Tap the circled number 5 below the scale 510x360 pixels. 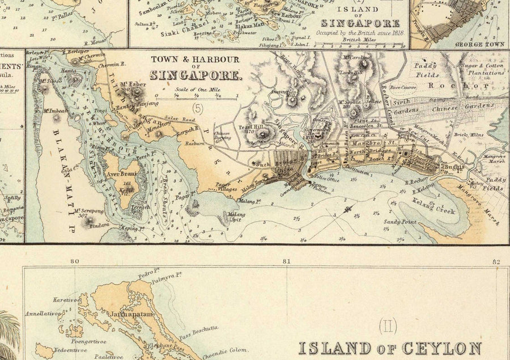click(x=197, y=106)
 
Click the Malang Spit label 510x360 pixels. click(x=235, y=216)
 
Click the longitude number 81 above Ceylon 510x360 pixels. click(x=286, y=261)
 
